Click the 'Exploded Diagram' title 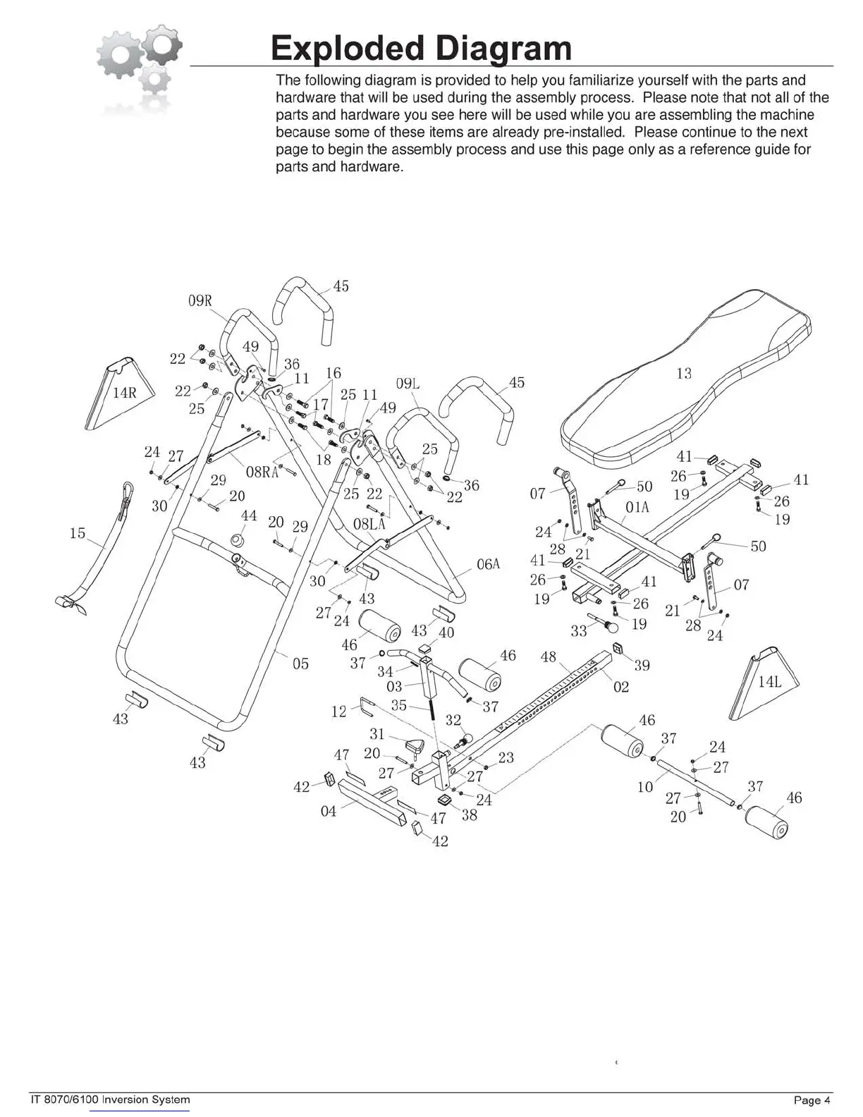(x=421, y=48)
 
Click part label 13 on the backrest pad (x=684, y=373)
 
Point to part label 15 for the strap (x=78, y=533)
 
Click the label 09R (x=200, y=301)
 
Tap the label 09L (x=408, y=384)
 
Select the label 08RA (x=262, y=472)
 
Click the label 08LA (x=369, y=524)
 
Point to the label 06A (x=488, y=564)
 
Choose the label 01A (x=637, y=508)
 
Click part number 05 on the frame (x=300, y=664)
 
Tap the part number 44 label (x=249, y=516)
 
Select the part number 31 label (x=377, y=734)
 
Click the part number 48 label (x=548, y=657)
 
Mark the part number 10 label (x=645, y=787)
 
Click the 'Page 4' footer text (x=812, y=1100)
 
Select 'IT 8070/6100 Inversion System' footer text (x=110, y=1099)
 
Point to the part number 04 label (x=329, y=812)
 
